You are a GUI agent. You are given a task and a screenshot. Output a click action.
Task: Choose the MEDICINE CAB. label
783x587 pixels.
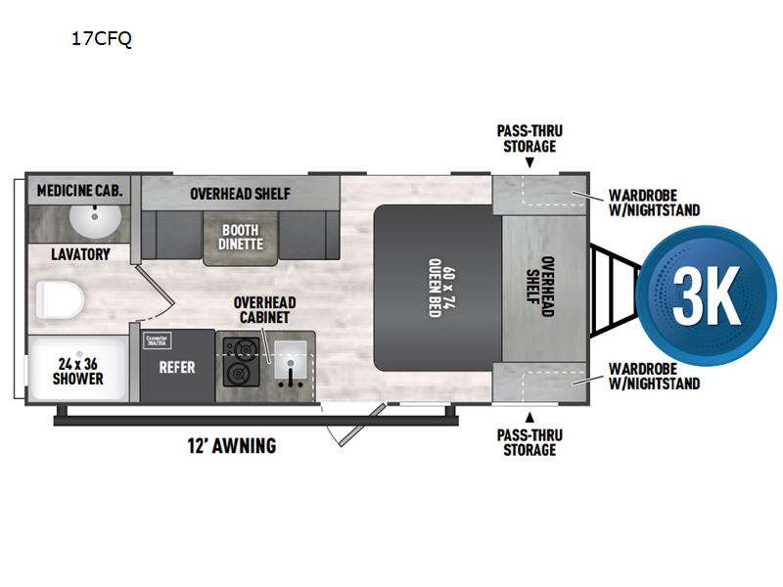[x=80, y=191]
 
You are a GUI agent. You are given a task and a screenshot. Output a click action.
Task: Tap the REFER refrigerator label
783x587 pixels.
[x=177, y=367]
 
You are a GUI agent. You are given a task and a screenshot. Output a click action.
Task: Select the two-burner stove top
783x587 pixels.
[x=240, y=360]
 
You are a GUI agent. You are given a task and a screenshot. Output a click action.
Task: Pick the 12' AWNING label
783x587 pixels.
[x=231, y=446]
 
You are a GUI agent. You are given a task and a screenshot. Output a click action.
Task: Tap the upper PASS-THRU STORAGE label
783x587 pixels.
[x=529, y=138]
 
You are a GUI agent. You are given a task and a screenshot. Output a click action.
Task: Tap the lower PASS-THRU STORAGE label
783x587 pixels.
[x=529, y=441]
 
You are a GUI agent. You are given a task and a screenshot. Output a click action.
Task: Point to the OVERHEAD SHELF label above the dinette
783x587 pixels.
[x=240, y=193]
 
